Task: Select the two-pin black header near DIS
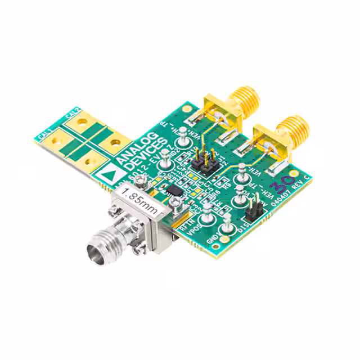pyautogui.click(x=253, y=212)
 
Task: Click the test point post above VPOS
pyautogui.click(x=207, y=210)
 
